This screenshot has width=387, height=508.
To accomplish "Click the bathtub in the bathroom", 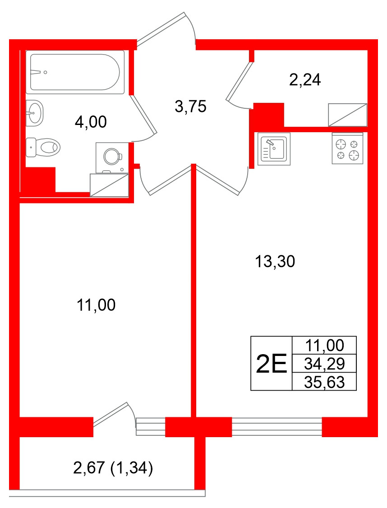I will pos(75,72).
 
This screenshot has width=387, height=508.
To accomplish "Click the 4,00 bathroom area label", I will pos(91,122).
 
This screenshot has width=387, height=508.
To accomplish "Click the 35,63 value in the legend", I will pos(324,383).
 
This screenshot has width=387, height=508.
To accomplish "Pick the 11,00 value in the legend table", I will pos(324,345).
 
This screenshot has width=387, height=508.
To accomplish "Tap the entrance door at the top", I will pos(161,29).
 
